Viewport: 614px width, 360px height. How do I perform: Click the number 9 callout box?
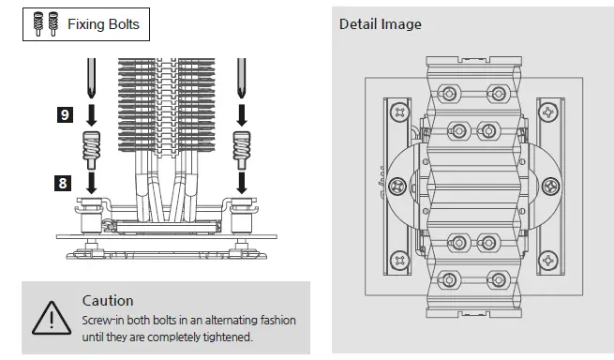tap(65, 114)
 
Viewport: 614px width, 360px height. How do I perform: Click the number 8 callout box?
tap(65, 183)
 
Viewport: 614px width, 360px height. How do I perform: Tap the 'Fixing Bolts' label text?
tap(102, 24)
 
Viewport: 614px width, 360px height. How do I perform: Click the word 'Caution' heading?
tap(108, 301)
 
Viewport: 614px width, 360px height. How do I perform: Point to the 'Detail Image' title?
tap(380, 23)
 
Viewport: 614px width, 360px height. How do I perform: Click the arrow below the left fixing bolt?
tap(91, 180)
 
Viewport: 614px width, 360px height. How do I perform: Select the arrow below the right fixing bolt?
tap(241, 180)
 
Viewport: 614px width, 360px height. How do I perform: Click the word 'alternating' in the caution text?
tap(220, 320)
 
